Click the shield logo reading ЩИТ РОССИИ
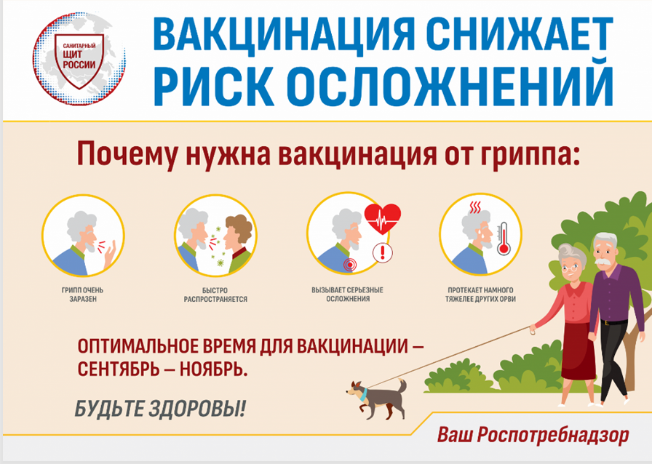[x=79, y=60]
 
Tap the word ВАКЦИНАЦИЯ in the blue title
[x=284, y=33]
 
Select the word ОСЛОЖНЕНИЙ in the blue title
[x=450, y=85]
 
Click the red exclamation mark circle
[x=383, y=253]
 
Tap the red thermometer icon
[x=503, y=239]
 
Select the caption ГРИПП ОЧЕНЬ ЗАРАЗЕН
[x=83, y=295]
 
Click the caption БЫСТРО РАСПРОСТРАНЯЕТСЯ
[x=215, y=295]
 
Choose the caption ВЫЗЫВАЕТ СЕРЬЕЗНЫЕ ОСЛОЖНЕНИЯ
[x=348, y=295]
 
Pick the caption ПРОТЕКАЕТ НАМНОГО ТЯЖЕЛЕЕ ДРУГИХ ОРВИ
[x=480, y=295]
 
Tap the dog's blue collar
[x=363, y=394]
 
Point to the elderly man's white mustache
[x=601, y=262]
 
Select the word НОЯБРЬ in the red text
[x=214, y=369]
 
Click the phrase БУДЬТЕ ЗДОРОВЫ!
[x=160, y=409]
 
